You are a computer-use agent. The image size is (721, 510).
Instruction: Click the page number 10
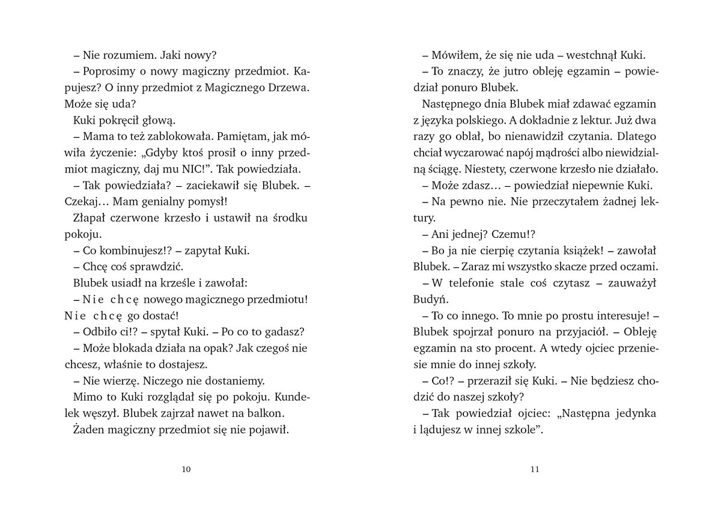coord(186,470)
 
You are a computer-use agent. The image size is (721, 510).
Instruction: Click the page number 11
coord(535,470)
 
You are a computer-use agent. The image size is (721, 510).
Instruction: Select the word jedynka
coord(636,413)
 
